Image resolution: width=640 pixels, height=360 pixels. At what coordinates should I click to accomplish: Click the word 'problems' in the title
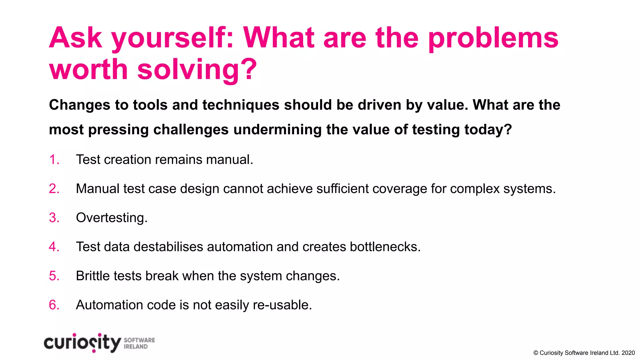click(493, 39)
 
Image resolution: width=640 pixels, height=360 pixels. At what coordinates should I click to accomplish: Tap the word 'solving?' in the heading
click(197, 70)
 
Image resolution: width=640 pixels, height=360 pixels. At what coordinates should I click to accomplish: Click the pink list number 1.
click(54, 160)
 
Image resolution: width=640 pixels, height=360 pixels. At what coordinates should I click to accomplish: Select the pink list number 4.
click(54, 247)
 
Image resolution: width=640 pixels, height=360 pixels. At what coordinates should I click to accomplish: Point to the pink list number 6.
click(54, 305)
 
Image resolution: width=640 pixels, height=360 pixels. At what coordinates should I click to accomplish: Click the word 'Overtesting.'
click(112, 218)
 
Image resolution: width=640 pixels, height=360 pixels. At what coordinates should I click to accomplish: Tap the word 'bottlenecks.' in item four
click(385, 247)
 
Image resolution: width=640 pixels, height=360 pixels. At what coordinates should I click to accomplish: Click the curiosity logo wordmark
click(82, 343)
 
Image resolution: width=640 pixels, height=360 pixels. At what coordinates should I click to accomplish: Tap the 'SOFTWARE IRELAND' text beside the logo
click(139, 343)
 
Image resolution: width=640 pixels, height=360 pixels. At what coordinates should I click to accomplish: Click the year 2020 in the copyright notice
click(628, 353)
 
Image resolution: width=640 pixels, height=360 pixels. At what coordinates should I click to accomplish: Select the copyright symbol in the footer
click(536, 353)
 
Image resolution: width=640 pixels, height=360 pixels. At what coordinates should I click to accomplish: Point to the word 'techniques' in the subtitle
click(241, 105)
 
